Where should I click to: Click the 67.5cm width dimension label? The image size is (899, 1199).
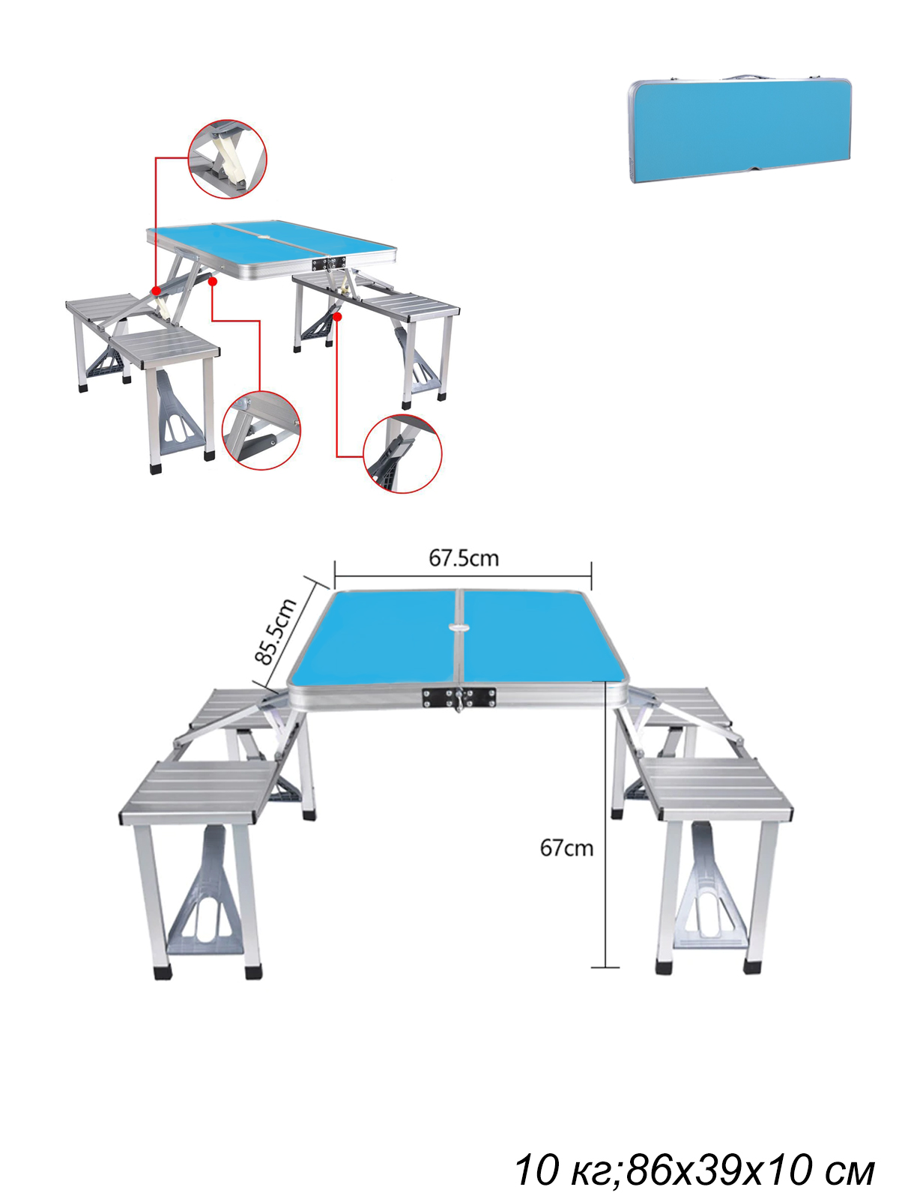tap(464, 558)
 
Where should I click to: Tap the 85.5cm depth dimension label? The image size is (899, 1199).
tap(276, 631)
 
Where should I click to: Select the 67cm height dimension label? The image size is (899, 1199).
tap(566, 848)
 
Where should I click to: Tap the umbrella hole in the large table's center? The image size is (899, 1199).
tap(461, 626)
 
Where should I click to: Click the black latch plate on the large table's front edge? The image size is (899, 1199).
tap(458, 698)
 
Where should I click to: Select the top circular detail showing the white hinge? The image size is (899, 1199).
tap(227, 159)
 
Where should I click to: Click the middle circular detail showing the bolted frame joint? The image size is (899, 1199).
tap(261, 430)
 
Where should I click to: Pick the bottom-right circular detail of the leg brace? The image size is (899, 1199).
tap(403, 454)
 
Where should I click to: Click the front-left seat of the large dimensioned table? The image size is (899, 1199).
tap(199, 791)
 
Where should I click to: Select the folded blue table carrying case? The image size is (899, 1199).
tap(739, 130)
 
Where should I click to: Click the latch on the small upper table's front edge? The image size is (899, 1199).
tap(329, 263)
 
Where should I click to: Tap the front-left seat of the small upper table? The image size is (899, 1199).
tap(165, 348)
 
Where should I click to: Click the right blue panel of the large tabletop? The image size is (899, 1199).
tap(544, 637)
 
